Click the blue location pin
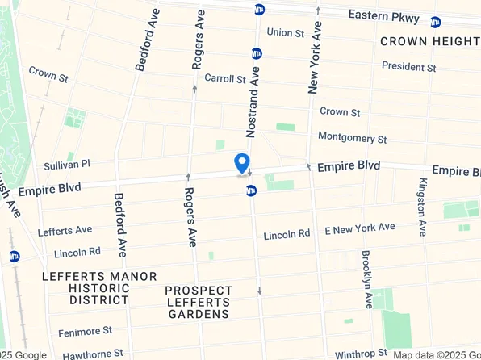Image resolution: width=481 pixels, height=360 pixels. (241, 163)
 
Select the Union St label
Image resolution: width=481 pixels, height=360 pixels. (285, 33)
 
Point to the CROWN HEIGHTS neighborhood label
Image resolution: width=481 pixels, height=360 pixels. (429, 41)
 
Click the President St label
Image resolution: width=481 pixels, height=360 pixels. (408, 66)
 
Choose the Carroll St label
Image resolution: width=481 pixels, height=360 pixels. (224, 78)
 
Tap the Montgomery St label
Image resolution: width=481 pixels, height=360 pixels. (352, 138)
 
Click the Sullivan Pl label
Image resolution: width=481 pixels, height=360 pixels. (67, 164)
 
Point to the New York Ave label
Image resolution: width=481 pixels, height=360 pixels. (316, 57)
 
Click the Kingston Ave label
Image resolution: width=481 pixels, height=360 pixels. (422, 207)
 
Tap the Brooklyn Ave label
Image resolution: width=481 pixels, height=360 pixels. (367, 278)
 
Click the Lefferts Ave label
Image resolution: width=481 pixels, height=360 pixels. (65, 231)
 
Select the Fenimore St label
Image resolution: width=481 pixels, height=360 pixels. (84, 331)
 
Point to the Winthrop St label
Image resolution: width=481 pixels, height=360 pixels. (362, 353)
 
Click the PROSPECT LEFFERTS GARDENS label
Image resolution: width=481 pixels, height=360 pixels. (198, 302)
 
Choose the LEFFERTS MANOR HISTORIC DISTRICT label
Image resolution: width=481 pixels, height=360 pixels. (99, 288)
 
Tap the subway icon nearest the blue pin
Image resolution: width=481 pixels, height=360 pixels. (251, 190)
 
